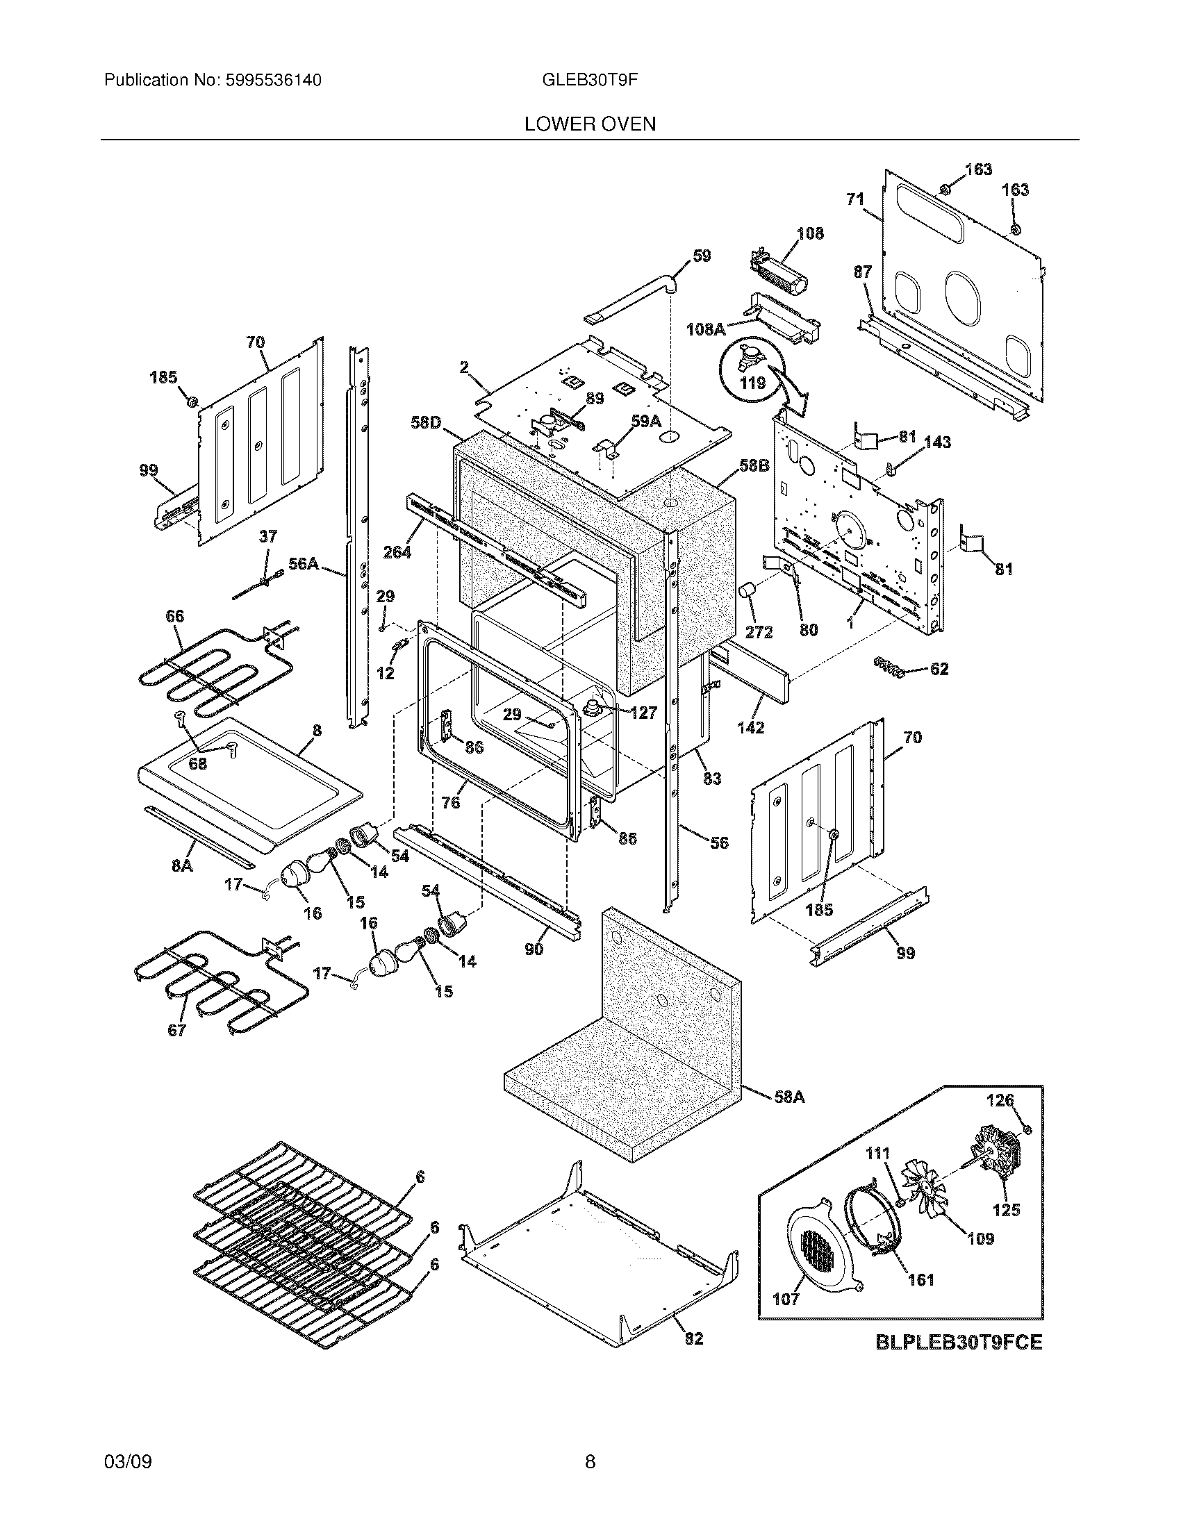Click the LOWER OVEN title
click(590, 124)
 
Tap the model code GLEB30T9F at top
click(590, 81)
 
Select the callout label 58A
click(789, 1097)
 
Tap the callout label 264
click(397, 552)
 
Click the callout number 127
click(643, 712)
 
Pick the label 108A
click(705, 328)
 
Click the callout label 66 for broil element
click(174, 615)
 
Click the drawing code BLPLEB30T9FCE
click(959, 1341)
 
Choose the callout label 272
click(759, 632)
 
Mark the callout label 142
click(750, 727)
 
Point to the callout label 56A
click(303, 564)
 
